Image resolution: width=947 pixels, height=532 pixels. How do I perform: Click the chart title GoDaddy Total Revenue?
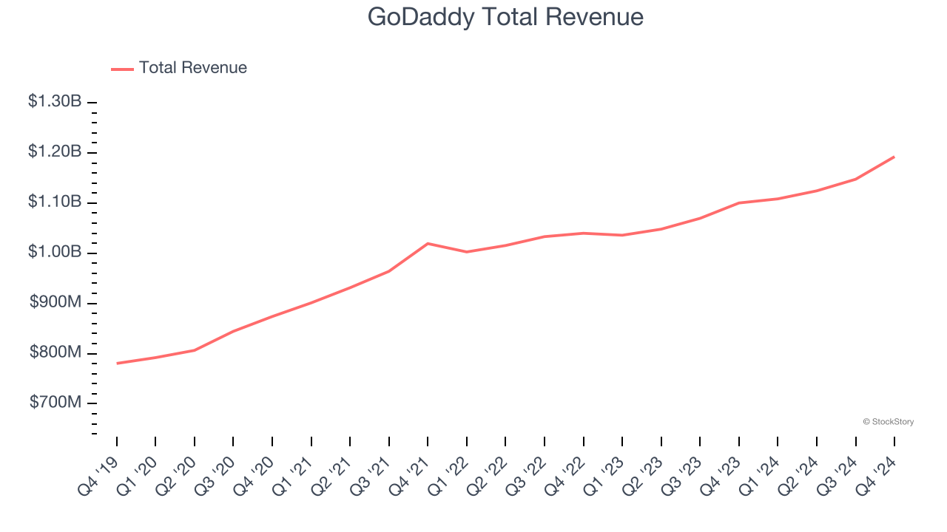505,17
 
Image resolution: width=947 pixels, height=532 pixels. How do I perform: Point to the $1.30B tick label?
55,102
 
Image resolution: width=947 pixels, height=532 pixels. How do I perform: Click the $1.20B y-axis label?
55,152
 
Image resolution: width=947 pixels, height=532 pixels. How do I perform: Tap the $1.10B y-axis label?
55,202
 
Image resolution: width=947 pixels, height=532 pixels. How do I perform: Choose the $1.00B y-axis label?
55,253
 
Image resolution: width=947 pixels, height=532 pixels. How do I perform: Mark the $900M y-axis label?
56,303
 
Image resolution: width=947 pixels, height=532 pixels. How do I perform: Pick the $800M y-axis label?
56,353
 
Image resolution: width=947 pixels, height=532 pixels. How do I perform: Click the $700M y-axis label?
56,403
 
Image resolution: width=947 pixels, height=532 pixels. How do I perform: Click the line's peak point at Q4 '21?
428,243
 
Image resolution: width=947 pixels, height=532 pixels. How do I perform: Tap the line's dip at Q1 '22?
467,252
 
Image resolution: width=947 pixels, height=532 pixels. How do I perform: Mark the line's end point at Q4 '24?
894,157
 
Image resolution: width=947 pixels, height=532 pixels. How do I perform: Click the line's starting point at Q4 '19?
117,364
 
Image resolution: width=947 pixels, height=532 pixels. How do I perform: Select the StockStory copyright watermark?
888,422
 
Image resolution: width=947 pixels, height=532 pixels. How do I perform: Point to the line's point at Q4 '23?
739,202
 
